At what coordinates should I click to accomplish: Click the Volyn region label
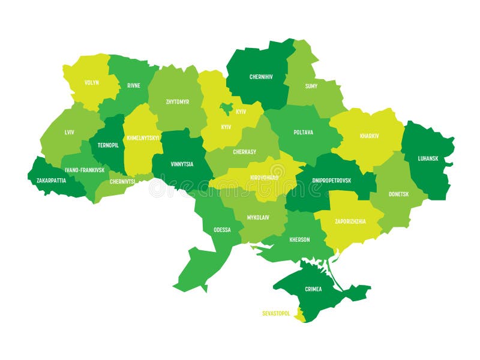coord(92,82)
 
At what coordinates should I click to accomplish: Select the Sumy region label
coord(311,86)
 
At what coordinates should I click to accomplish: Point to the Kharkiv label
coord(369,136)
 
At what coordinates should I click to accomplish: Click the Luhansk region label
coord(428,158)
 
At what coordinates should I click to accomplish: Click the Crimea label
coord(313,289)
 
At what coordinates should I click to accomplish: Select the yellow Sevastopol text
coord(276,313)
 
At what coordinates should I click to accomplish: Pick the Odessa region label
coord(222,230)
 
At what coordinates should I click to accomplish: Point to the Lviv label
coord(70,131)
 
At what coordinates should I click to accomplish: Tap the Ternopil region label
coord(108,145)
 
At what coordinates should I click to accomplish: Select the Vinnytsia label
coord(182,164)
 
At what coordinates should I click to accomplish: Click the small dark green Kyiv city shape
coord(227,108)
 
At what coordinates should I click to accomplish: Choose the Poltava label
coord(303,133)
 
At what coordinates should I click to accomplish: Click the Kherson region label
coord(299,239)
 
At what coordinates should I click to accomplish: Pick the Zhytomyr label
coord(177,102)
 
